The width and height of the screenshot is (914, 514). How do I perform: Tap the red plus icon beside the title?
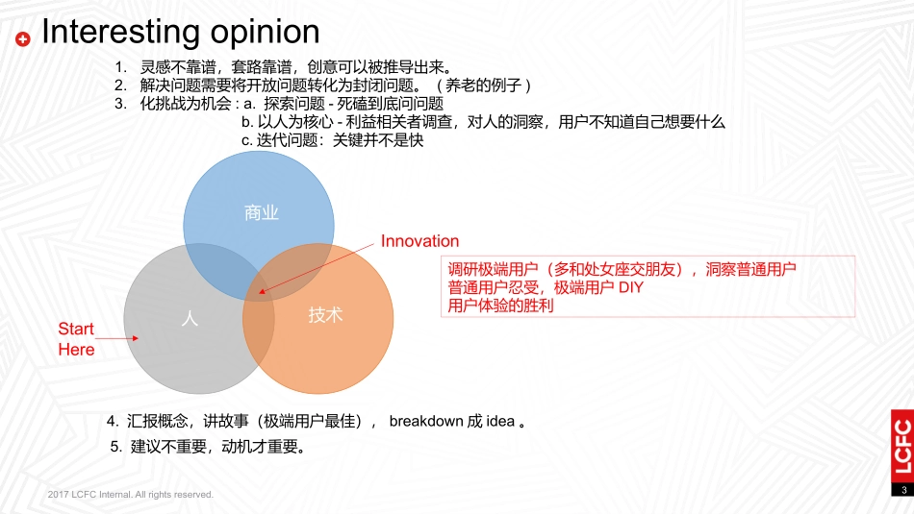pyautogui.click(x=24, y=38)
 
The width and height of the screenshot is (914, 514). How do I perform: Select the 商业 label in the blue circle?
pyautogui.click(x=262, y=212)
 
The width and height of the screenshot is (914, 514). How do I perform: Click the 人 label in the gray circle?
pyautogui.click(x=190, y=318)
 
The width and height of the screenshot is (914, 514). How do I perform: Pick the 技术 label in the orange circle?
pyautogui.click(x=325, y=315)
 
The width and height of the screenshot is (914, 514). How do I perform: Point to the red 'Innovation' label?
pyautogui.click(x=419, y=241)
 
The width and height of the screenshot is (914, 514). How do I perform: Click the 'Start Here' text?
pyautogui.click(x=76, y=340)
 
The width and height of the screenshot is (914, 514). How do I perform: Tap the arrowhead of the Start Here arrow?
pyautogui.click(x=137, y=338)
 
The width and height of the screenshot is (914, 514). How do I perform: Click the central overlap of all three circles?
pyautogui.click(x=260, y=288)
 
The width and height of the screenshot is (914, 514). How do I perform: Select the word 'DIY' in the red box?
pyautogui.click(x=629, y=288)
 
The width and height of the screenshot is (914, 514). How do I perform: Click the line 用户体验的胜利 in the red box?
pyautogui.click(x=501, y=306)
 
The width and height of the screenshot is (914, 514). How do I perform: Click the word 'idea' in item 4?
pyautogui.click(x=500, y=421)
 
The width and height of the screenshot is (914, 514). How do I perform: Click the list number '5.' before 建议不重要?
pyautogui.click(x=116, y=446)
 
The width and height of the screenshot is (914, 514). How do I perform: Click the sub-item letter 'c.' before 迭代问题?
pyautogui.click(x=246, y=139)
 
